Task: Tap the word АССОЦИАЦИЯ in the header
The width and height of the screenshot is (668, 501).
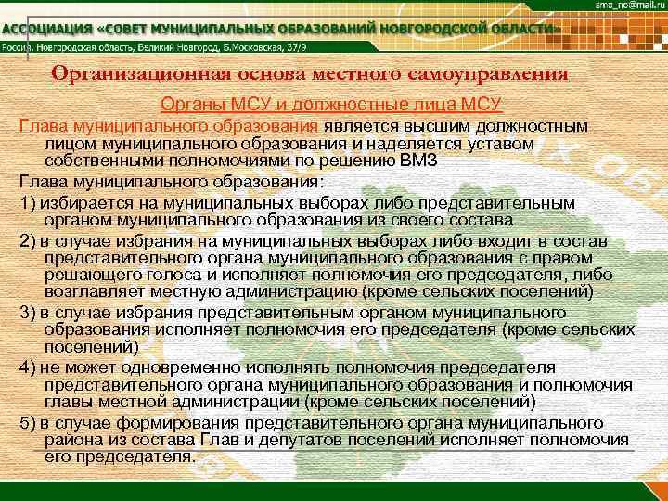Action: point(47,29)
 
